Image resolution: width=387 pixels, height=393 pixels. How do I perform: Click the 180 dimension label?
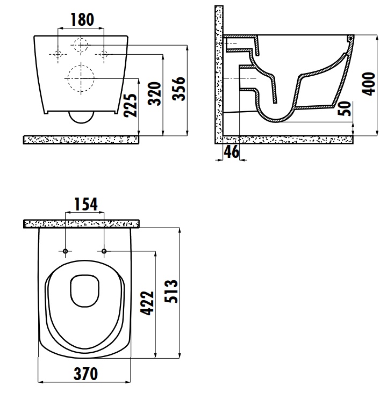[82, 20]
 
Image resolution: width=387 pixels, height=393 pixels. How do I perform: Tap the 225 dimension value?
[131, 105]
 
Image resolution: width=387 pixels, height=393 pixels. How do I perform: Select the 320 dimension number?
[154, 93]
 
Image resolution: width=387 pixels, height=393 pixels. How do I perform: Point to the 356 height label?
[178, 89]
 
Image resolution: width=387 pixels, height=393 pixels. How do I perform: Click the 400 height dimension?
[368, 84]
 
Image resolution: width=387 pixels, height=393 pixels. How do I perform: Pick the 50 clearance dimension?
[345, 108]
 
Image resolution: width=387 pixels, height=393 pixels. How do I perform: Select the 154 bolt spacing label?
[86, 204]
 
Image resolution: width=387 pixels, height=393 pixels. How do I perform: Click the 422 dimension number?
[147, 303]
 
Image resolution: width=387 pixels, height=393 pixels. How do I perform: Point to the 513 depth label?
[171, 291]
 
